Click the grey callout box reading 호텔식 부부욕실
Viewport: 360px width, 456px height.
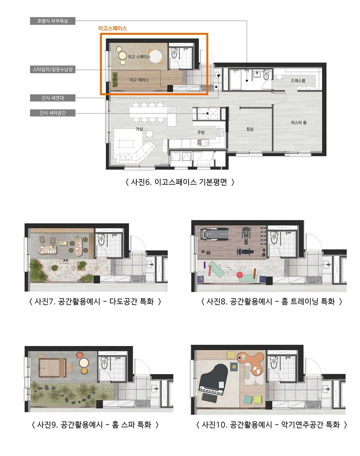click(53, 21)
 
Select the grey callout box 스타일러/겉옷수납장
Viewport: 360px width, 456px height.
click(53, 69)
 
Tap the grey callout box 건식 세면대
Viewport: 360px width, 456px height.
click(53, 98)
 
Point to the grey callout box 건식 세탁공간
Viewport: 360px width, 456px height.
click(53, 113)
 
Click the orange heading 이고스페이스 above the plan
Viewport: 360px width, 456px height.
click(112, 28)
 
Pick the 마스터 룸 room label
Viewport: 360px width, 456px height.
click(299, 122)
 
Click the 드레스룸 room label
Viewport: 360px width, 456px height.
click(298, 80)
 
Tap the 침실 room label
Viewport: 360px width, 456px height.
click(250, 129)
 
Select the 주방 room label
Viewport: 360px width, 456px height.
click(201, 132)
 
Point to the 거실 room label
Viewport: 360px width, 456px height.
click(139, 129)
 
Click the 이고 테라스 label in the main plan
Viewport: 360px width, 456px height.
click(139, 79)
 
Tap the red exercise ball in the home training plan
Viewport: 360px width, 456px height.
click(239, 274)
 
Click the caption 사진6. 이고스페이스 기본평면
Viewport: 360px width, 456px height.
click(180, 182)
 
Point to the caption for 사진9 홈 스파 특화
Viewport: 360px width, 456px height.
click(95, 425)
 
